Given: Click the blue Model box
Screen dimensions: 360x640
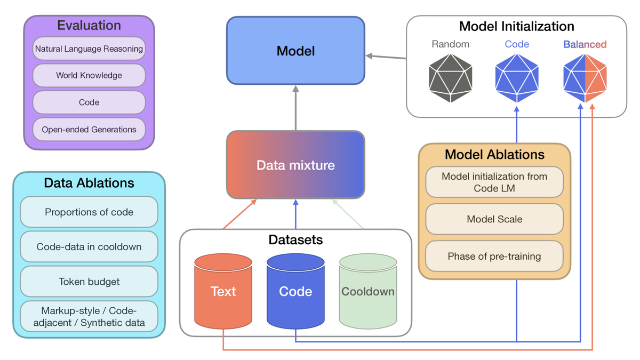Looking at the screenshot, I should click(295, 51).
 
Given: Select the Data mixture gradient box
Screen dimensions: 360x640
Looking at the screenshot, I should click(295, 165).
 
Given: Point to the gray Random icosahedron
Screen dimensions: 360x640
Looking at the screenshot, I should click(451, 77).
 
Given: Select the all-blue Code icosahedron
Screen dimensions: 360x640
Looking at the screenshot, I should click(516, 77).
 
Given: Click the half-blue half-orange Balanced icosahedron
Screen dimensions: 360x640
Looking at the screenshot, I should click(585, 77).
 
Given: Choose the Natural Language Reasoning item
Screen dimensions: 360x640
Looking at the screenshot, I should click(89, 49).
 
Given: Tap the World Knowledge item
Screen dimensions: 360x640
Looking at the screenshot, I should click(89, 75).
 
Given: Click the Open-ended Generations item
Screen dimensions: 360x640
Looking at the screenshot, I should click(89, 129).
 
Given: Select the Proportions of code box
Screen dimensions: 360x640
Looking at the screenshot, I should click(89, 212).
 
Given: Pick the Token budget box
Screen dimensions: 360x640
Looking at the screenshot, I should click(89, 281).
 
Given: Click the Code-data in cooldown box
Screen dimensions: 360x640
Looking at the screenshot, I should click(89, 246).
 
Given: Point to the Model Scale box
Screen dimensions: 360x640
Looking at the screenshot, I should click(494, 219).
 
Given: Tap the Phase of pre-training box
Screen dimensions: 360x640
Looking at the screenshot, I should click(494, 256).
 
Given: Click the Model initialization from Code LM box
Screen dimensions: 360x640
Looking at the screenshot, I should click(494, 182).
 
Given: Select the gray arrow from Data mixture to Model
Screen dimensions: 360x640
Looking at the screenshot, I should click(295, 109).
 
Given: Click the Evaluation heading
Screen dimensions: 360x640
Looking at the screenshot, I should click(89, 25).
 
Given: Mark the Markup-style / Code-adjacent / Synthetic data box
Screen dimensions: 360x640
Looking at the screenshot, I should click(89, 316).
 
